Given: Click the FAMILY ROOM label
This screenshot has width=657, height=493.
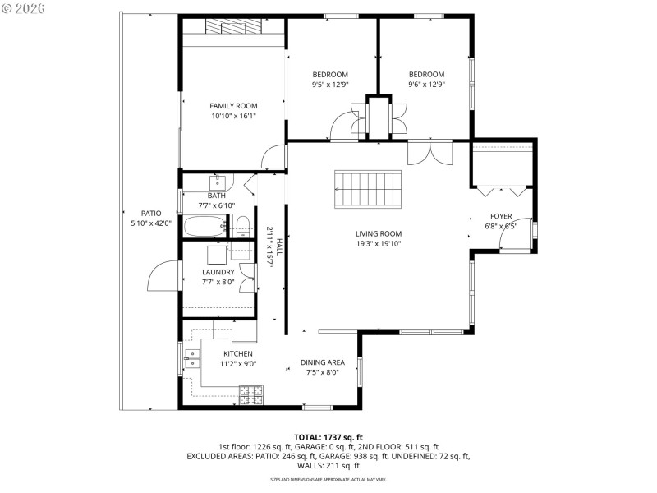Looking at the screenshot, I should [233, 106].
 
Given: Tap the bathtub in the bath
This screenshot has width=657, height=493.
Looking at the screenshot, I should [204, 227].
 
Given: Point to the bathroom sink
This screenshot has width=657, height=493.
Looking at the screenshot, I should [218, 182].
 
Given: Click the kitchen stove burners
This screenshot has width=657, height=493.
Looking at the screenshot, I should [250, 394].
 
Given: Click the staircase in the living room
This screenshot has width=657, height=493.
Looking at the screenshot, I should [368, 190].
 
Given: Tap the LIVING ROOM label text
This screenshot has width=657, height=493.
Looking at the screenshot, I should [379, 233].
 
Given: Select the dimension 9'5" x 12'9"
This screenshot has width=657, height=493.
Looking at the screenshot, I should [330, 85].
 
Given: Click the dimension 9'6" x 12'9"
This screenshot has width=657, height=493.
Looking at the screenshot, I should [426, 85].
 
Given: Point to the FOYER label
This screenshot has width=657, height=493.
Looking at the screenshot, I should [501, 216].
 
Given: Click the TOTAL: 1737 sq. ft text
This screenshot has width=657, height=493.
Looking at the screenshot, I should [328, 437].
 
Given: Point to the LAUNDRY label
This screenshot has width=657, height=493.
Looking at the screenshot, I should [218, 272].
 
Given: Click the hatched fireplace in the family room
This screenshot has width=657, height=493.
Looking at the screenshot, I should [235, 26].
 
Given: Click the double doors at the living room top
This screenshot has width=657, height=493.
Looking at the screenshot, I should [430, 153].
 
